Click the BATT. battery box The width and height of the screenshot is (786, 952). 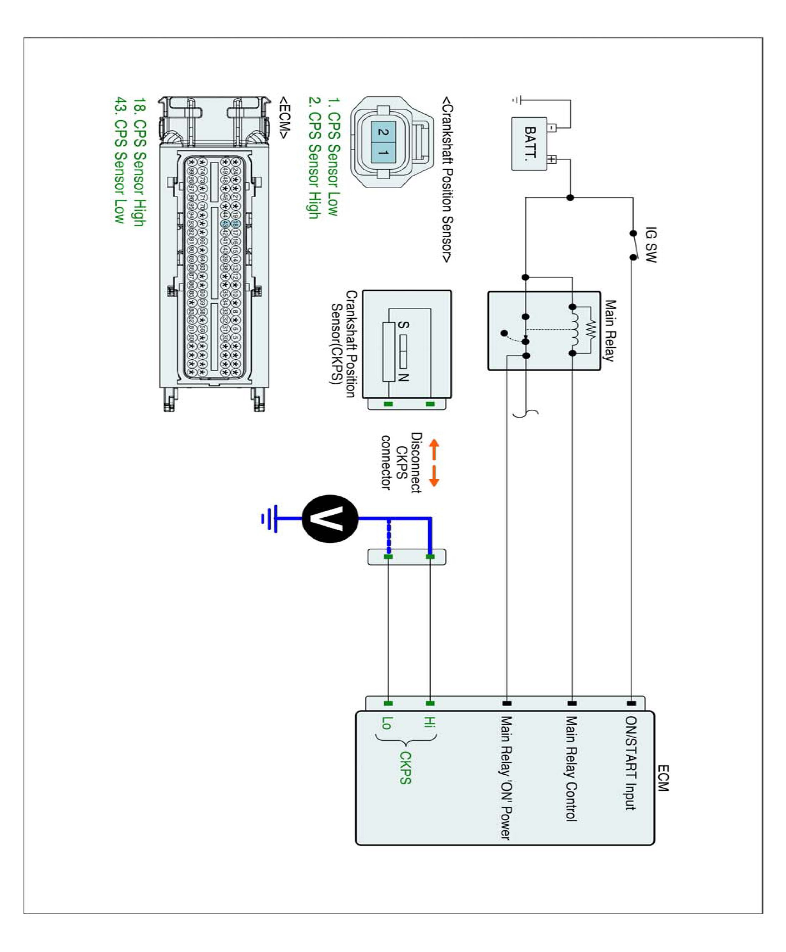click(529, 144)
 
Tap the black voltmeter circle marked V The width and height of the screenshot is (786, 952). click(330, 519)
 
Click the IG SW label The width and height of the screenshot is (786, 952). click(651, 245)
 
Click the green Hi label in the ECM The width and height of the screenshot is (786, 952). click(428, 721)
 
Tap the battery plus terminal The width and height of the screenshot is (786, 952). click(552, 159)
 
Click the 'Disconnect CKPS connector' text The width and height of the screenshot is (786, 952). click(401, 462)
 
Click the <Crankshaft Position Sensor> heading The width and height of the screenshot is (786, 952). click(447, 179)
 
